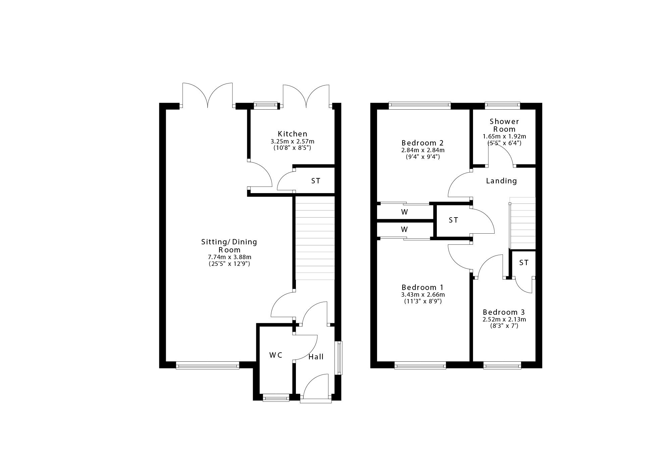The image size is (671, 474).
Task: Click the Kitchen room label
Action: point(292,134)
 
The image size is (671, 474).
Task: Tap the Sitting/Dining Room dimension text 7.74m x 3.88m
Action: point(229,257)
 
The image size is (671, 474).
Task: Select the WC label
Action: point(276,355)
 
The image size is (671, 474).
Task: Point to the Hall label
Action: point(316,357)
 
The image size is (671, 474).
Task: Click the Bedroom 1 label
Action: point(422,287)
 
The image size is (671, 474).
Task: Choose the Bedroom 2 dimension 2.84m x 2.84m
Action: point(423,150)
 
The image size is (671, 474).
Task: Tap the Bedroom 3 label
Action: point(504,312)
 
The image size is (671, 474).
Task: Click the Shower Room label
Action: point(504,125)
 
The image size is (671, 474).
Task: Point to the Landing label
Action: point(502,181)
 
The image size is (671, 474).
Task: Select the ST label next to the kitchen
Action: point(316,181)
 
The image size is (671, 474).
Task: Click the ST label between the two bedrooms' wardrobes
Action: point(453,220)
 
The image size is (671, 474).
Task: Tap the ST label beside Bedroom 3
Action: point(524,263)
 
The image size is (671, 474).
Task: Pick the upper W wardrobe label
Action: point(404,212)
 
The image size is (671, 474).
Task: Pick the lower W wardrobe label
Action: point(404,230)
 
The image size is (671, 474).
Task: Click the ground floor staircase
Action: point(315,238)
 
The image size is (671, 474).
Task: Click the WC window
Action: point(276,398)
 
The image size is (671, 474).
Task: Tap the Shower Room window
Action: point(502,106)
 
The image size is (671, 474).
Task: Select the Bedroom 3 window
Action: point(502,366)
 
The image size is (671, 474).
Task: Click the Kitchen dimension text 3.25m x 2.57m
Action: point(292,141)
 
